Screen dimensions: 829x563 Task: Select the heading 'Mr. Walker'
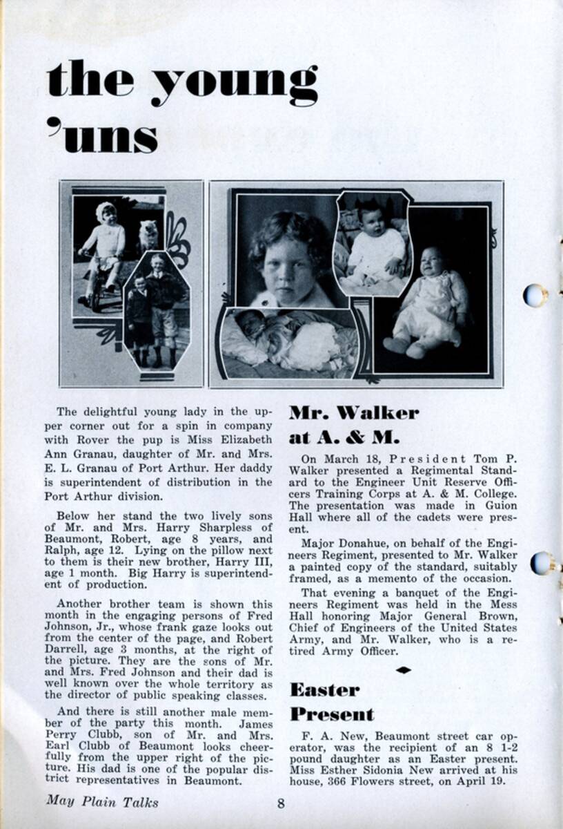tap(354, 414)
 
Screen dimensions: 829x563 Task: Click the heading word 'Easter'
tap(324, 689)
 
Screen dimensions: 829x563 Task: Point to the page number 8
tap(281, 803)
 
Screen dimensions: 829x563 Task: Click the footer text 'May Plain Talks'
tap(103, 802)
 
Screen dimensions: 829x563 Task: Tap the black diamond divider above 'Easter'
tap(404, 669)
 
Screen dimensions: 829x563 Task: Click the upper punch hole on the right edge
tap(535, 296)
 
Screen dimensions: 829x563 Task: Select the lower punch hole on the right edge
tap(540, 562)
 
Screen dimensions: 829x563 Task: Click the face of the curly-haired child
tap(288, 270)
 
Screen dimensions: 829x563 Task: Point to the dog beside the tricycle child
tap(148, 235)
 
